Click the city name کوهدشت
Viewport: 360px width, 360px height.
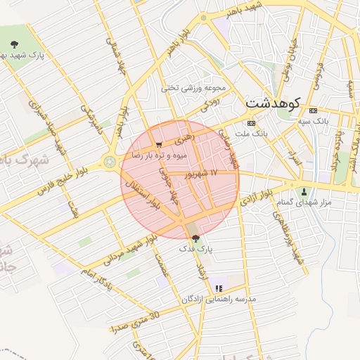click(274, 103)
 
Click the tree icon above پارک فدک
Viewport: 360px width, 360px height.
click(195, 238)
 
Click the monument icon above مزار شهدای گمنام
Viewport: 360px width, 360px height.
click(304, 192)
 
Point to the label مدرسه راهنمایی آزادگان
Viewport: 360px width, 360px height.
click(219, 299)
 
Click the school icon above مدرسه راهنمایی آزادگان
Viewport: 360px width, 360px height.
click(219, 288)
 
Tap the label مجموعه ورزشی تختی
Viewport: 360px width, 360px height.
click(193, 89)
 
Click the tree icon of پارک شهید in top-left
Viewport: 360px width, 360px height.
click(15, 44)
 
